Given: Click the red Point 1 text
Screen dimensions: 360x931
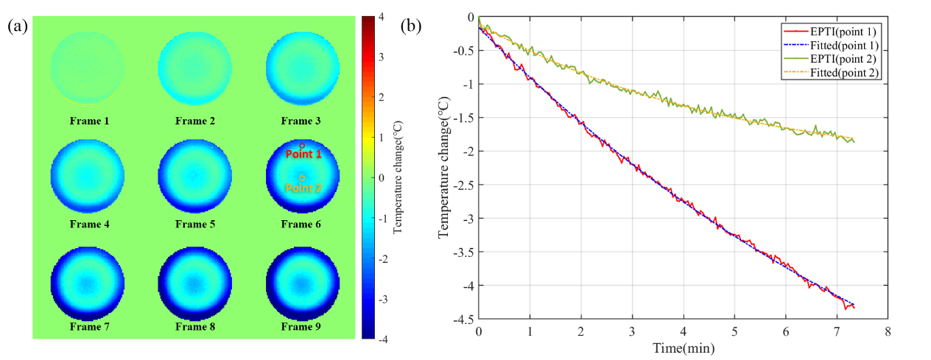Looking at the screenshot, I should [303, 155].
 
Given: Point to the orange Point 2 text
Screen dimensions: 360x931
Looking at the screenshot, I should [303, 188].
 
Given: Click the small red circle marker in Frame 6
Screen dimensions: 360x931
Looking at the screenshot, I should [302, 145].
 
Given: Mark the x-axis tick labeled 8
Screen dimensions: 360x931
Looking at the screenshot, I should [888, 333].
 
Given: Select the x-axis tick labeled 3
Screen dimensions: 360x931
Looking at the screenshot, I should [632, 333].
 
